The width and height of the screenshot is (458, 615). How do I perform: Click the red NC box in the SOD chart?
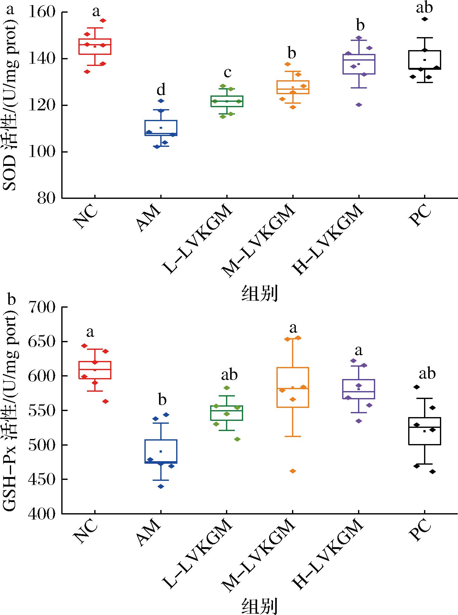coord(95,47)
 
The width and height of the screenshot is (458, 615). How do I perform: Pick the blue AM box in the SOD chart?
coord(161,128)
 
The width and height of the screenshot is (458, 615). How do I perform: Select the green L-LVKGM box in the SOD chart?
coord(227,101)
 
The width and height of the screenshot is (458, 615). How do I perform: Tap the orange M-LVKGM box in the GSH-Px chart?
coord(293,387)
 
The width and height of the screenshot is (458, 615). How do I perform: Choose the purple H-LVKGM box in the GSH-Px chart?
coord(359,389)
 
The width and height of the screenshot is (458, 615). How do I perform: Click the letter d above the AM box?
coord(161,90)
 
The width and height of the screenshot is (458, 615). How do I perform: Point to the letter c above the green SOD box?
coord(228,73)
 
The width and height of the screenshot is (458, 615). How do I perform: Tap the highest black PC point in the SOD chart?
coord(425,19)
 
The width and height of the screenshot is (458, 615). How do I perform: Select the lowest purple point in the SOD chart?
coord(359,105)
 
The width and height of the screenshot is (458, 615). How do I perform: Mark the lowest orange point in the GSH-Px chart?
coord(293,471)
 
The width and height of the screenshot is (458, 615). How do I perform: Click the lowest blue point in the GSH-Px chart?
coord(161,487)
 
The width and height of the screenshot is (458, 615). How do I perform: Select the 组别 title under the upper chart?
coord(260,294)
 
